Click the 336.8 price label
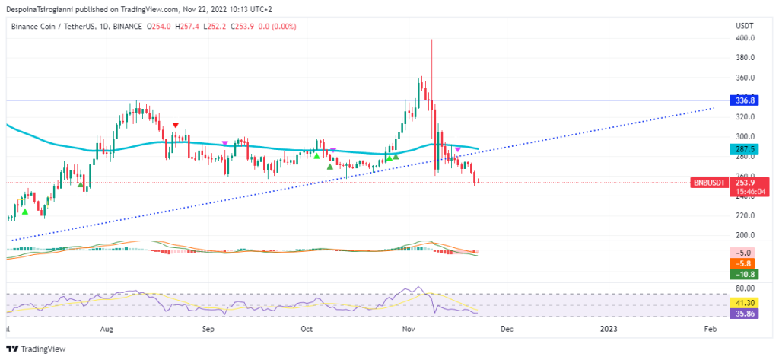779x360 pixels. pyautogui.click(x=743, y=100)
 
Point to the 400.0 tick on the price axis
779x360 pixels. pyautogui.click(x=745, y=38)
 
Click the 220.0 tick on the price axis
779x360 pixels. pyautogui.click(x=745, y=215)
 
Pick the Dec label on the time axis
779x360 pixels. pyautogui.click(x=507, y=329)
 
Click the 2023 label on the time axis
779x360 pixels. pyautogui.click(x=608, y=329)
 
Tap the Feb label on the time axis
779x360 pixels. pyautogui.click(x=709, y=329)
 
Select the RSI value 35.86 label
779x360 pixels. pyautogui.click(x=743, y=313)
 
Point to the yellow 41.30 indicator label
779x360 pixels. pyautogui.click(x=743, y=303)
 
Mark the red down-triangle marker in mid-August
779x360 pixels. pyautogui.click(x=176, y=125)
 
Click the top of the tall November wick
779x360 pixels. pyautogui.click(x=431, y=40)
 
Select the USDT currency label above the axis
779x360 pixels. pyautogui.click(x=744, y=26)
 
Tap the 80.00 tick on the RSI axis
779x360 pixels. pyautogui.click(x=745, y=288)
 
